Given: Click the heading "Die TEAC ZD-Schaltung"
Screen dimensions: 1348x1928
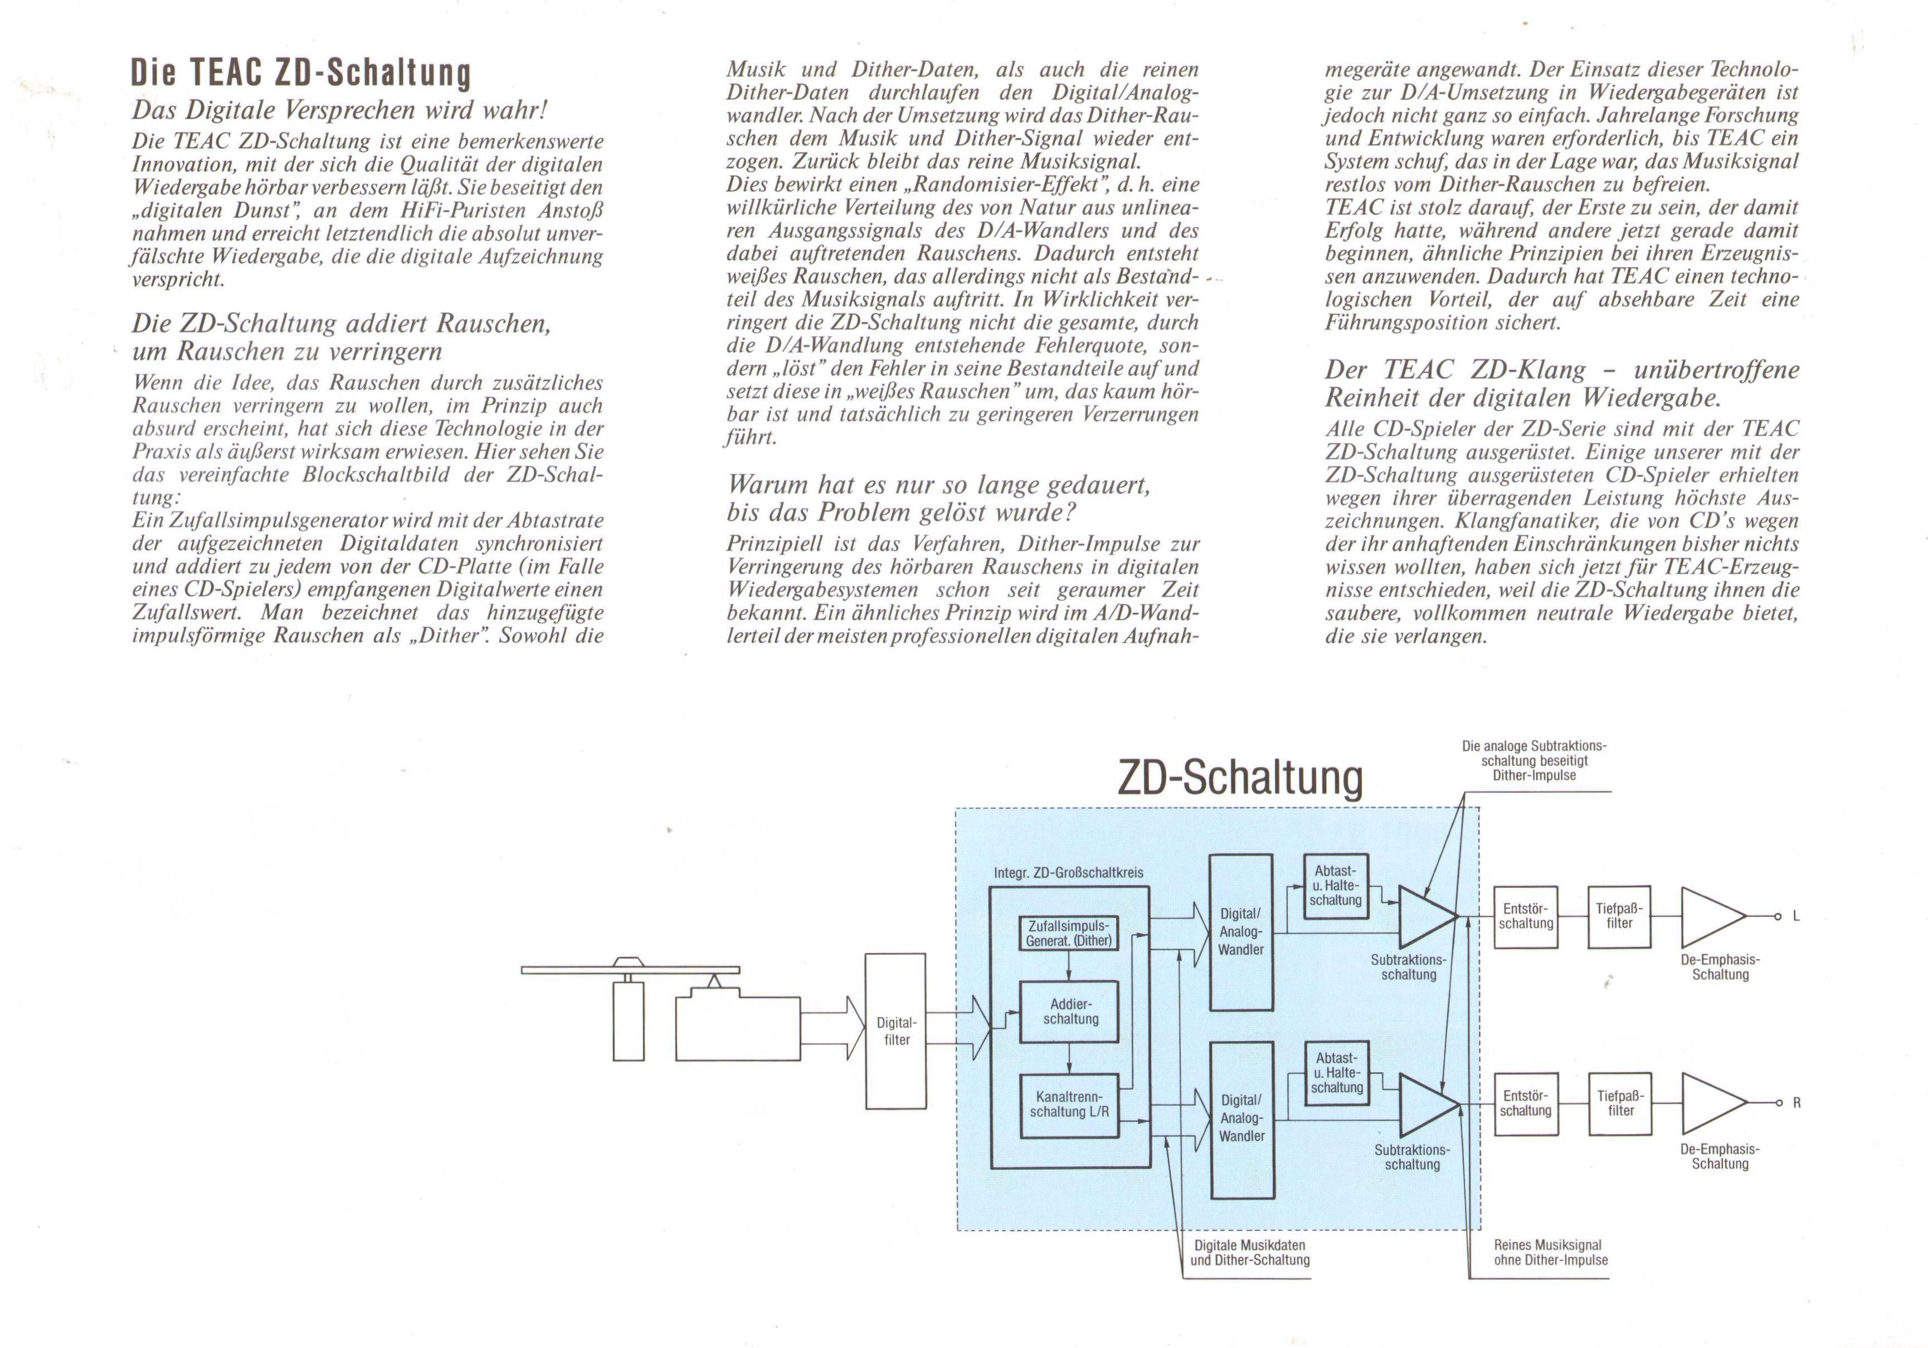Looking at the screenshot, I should (x=300, y=74).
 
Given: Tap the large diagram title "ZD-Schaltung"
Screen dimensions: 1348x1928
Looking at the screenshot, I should (x=1240, y=778).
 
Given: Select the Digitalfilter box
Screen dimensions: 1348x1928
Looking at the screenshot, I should (x=896, y=1030).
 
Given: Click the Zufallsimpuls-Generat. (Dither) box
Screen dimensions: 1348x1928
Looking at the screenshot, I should (x=1068, y=934).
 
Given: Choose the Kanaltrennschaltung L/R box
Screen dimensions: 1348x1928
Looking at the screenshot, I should (x=1069, y=1105).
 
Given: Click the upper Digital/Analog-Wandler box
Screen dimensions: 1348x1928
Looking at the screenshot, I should (x=1240, y=932).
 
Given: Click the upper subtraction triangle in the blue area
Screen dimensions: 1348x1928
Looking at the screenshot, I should (x=1425, y=916).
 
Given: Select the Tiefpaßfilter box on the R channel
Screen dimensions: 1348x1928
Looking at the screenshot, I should (x=1620, y=1104).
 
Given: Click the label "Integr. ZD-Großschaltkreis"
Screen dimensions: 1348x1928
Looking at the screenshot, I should (x=1068, y=873).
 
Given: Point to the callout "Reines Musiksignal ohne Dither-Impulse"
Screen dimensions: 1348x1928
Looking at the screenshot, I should (x=1550, y=1252).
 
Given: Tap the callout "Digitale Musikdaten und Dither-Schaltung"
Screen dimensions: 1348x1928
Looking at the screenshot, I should (x=1249, y=1252).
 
